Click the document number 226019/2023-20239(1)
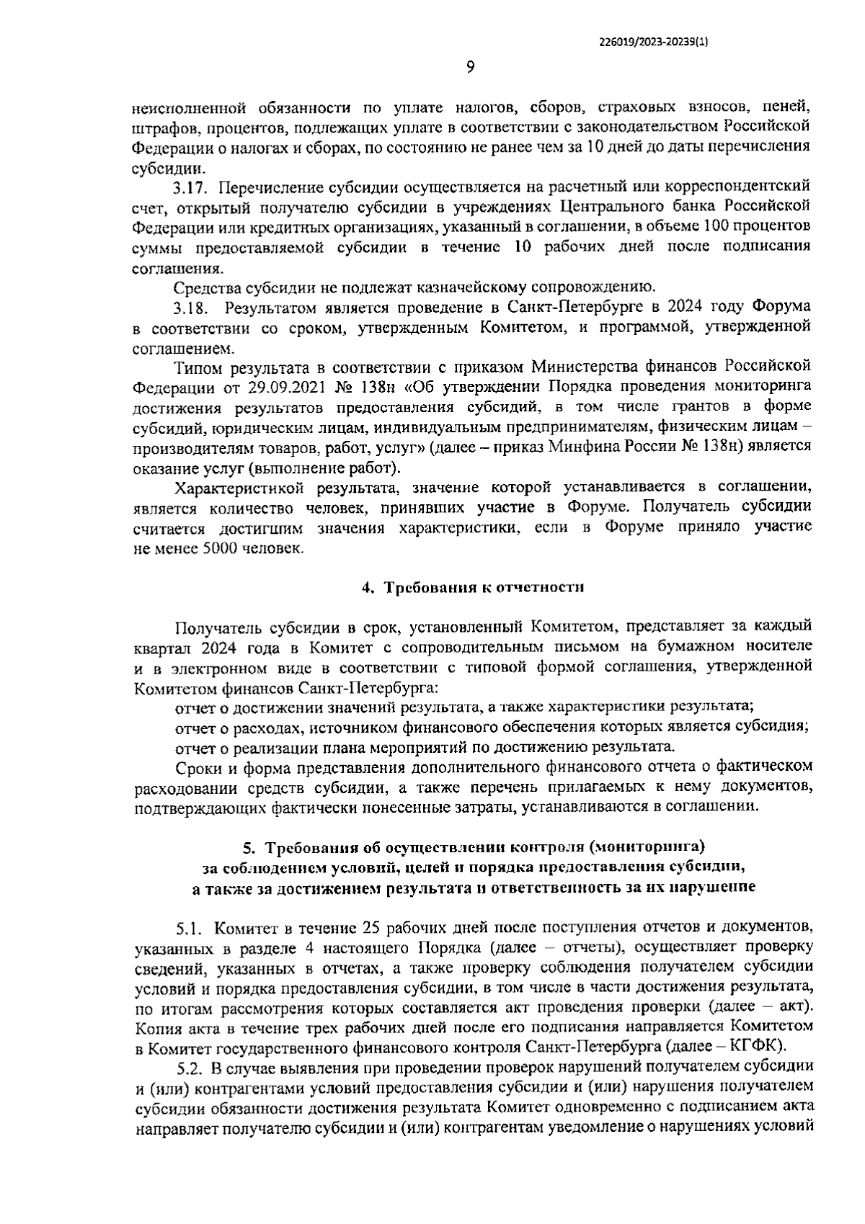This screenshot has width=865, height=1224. click(x=654, y=42)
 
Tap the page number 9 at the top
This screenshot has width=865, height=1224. click(x=471, y=68)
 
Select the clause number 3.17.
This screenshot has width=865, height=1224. click(x=190, y=188)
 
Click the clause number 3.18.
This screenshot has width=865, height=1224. click(x=190, y=308)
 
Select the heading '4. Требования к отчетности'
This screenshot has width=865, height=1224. click(x=472, y=587)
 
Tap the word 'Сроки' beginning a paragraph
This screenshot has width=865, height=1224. click(x=196, y=766)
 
